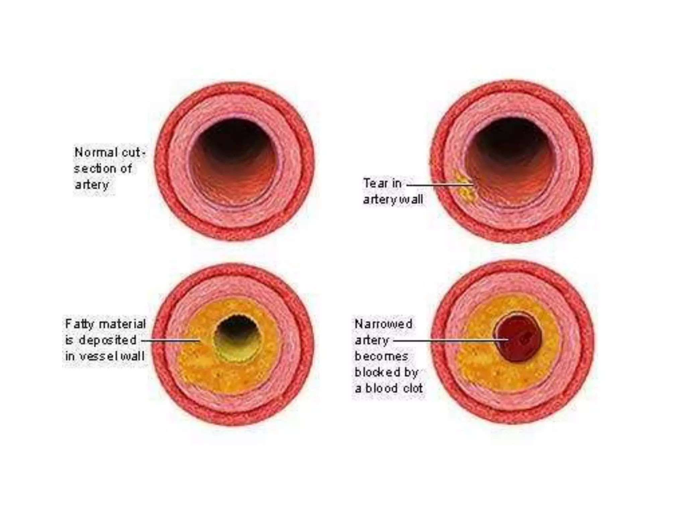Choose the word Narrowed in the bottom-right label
point(383,324)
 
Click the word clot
point(413,388)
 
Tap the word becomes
point(381,356)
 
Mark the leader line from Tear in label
point(439,184)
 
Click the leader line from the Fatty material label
point(171,340)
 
